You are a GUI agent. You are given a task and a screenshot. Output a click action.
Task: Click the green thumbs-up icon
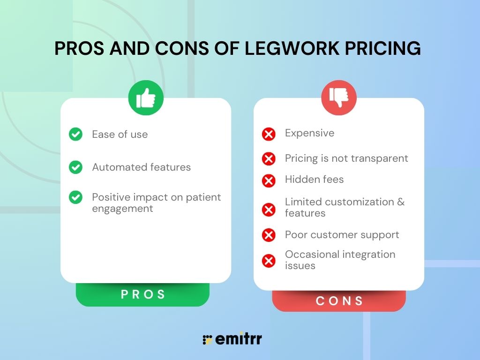point(146,98)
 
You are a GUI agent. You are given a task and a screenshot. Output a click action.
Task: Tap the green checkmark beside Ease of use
point(75,135)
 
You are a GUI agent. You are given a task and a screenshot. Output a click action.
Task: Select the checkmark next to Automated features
point(75,167)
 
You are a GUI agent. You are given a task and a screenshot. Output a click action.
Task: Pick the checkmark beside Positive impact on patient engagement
point(75,197)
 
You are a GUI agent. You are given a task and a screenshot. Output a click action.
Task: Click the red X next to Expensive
point(269,135)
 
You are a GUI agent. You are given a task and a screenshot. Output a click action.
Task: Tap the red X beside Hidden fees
point(269,180)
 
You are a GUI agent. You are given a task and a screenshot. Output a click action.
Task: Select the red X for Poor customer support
point(269,235)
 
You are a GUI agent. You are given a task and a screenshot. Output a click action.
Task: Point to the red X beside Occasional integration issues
point(269,261)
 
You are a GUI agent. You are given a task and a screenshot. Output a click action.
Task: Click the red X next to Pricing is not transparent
point(269,159)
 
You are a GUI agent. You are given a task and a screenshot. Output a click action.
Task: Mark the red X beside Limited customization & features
point(269,209)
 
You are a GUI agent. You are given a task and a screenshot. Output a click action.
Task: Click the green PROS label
point(143,294)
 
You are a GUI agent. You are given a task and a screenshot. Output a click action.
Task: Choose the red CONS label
point(339,301)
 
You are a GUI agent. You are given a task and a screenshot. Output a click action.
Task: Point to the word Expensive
point(309,133)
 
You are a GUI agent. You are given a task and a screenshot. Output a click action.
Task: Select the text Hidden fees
point(314,179)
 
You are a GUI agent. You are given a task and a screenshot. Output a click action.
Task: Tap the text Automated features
point(141,167)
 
